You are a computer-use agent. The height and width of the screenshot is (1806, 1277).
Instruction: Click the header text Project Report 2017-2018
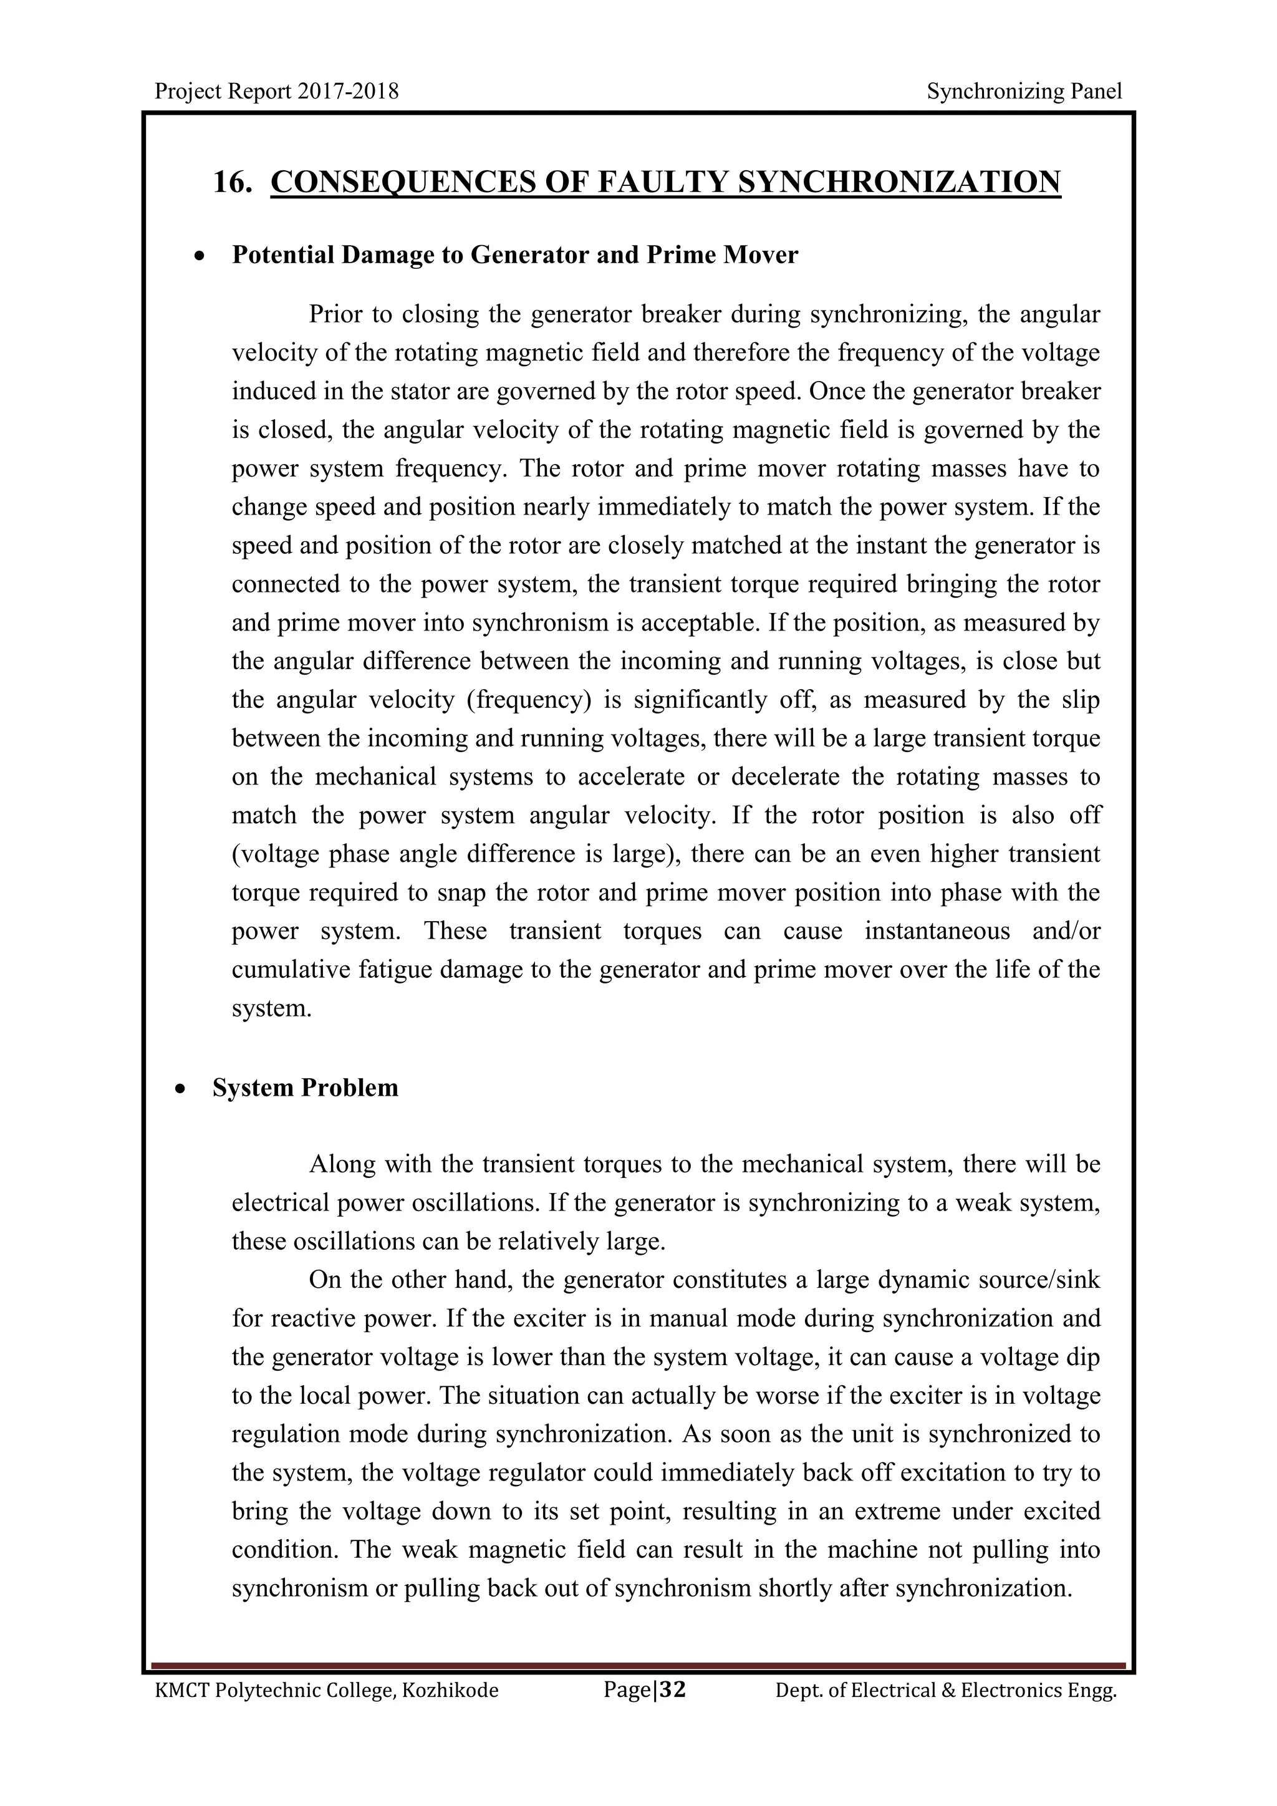click(277, 92)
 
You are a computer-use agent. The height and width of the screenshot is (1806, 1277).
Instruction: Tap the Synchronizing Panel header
click(1024, 92)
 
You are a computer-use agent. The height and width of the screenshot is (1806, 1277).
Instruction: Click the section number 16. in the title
click(233, 183)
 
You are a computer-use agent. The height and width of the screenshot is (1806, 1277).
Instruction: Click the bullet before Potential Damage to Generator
click(202, 256)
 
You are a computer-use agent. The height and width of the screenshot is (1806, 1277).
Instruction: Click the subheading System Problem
click(305, 1088)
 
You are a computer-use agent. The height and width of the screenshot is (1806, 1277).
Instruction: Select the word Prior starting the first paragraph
click(335, 315)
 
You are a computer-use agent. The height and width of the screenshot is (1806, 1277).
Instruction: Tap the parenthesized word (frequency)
click(528, 700)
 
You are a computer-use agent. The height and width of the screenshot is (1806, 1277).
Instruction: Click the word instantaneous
click(937, 931)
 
